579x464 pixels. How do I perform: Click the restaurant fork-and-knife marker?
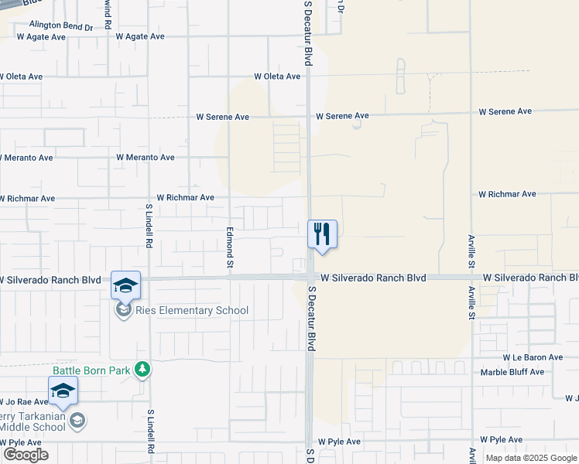click(x=322, y=234)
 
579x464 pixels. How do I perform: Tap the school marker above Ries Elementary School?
click(x=125, y=285)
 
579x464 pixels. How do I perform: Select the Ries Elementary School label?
click(x=191, y=311)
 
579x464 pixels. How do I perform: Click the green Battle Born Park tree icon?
click(x=142, y=370)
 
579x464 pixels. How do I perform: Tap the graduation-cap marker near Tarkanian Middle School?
click(x=63, y=391)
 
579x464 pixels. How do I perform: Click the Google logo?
click(x=25, y=455)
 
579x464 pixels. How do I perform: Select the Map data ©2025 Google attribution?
click(x=531, y=458)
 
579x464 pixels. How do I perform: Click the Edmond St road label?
click(x=230, y=247)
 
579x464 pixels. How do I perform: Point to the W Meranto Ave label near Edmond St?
click(x=146, y=157)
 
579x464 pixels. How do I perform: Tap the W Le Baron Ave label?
click(x=532, y=357)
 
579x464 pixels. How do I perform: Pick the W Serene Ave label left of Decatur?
click(x=222, y=117)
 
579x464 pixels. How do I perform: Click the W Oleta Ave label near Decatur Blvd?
click(x=276, y=77)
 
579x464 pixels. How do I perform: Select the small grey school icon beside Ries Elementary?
click(x=122, y=311)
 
